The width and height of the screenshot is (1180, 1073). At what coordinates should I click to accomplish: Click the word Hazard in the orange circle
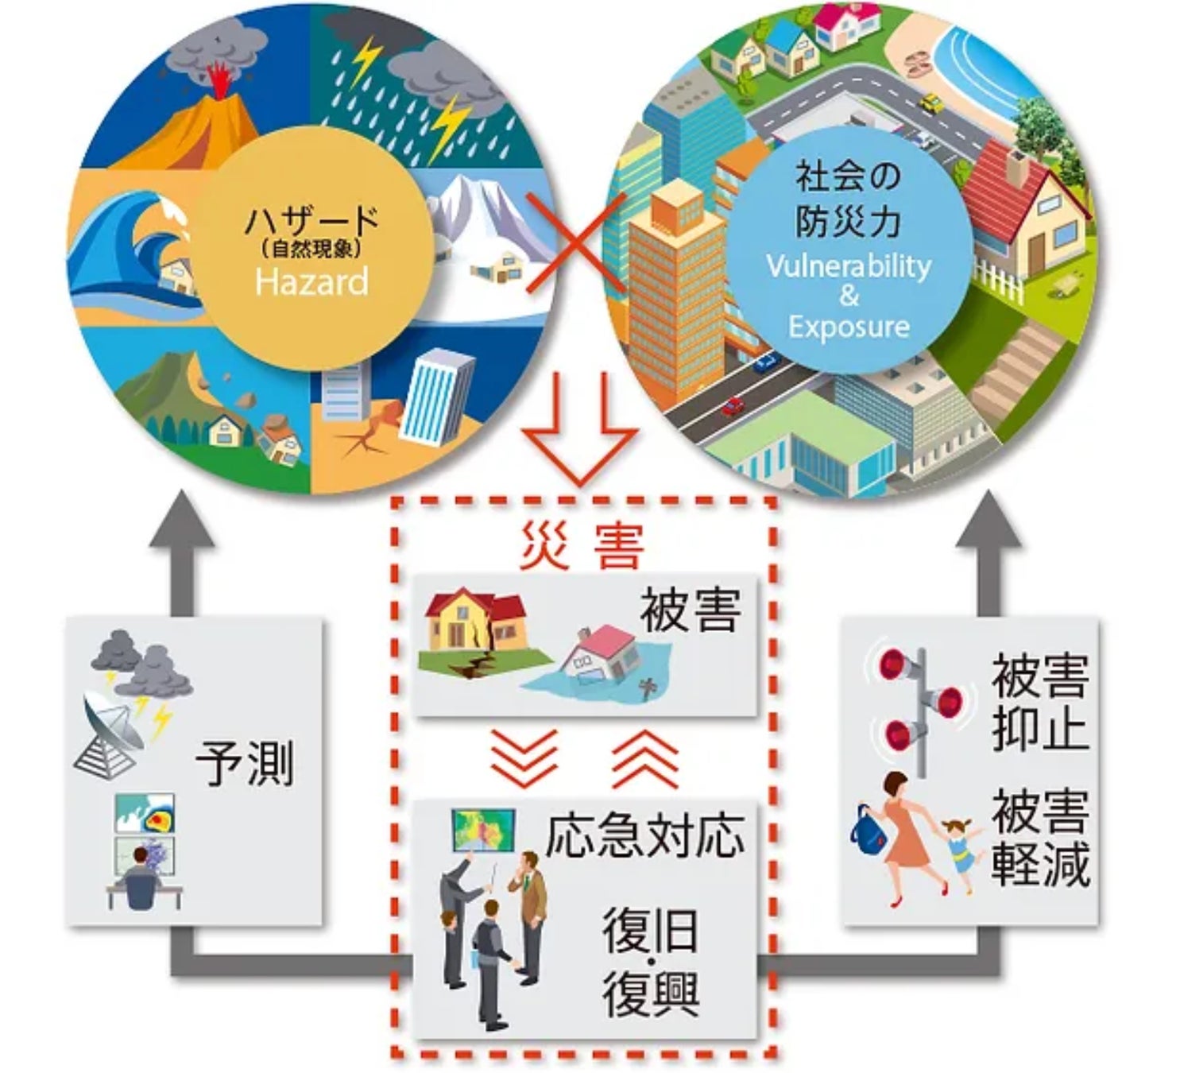tap(311, 281)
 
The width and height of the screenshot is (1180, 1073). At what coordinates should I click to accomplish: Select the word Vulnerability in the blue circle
tap(849, 265)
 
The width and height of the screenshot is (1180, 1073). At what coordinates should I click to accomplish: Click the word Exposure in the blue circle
tap(849, 326)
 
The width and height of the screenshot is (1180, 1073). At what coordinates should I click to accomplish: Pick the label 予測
tap(244, 763)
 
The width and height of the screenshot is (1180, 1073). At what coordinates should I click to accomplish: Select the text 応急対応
tap(644, 835)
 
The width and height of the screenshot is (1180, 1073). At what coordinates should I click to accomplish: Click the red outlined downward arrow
tap(579, 429)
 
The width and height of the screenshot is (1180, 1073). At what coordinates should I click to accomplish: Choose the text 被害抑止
tap(1039, 703)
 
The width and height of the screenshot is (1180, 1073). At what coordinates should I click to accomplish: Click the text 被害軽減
tap(1039, 837)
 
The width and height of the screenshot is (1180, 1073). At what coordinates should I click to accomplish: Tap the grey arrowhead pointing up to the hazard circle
tap(181, 521)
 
